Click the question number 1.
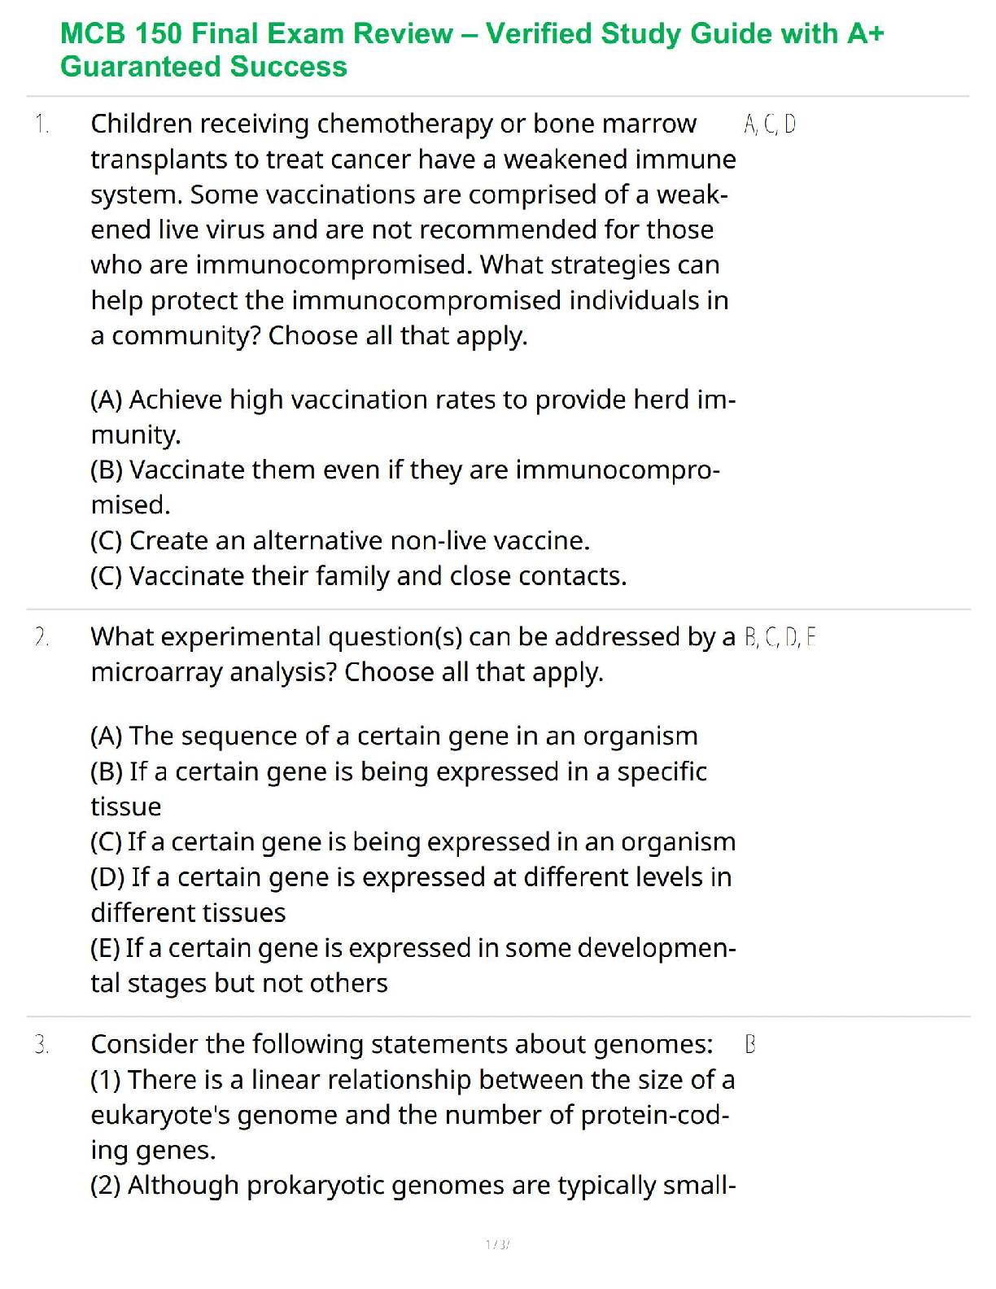point(41,125)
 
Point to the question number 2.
point(41,637)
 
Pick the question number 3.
point(41,1045)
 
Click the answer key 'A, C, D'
point(770,125)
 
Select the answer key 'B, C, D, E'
point(780,637)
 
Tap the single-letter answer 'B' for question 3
point(750,1045)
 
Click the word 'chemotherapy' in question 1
point(404,124)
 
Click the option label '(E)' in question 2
point(106,948)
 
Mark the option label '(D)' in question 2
point(107,877)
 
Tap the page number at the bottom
point(497,1244)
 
